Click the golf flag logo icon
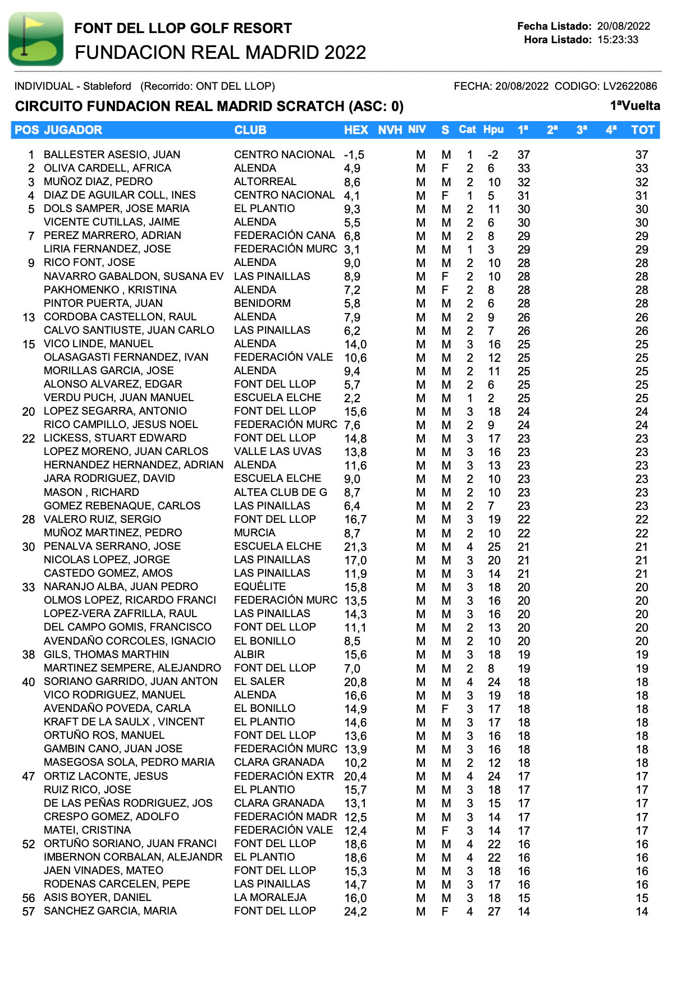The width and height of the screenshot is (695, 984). (x=36, y=39)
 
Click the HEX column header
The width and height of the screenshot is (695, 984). (x=356, y=130)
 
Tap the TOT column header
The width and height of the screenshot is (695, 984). (x=642, y=130)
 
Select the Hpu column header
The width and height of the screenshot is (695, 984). (x=493, y=130)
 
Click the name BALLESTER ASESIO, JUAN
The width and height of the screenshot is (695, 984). (x=112, y=154)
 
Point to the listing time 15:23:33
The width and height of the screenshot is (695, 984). (x=618, y=40)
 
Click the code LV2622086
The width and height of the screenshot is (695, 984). (x=629, y=86)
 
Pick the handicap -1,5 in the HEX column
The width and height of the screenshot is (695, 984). (x=354, y=155)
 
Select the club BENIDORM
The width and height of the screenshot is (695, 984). (x=262, y=303)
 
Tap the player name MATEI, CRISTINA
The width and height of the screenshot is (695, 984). (x=87, y=830)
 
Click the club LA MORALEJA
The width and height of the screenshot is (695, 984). (x=270, y=897)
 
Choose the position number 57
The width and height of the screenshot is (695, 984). (x=29, y=911)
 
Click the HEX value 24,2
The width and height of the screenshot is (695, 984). (x=355, y=912)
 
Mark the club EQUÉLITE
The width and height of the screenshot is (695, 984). (x=260, y=586)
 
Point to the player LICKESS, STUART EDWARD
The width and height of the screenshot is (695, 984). (x=115, y=438)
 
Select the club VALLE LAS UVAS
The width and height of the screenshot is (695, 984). (x=278, y=451)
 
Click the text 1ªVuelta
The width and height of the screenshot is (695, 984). (x=635, y=106)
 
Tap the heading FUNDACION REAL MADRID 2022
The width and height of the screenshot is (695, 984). (x=220, y=52)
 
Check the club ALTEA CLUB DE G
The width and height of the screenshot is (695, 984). (x=281, y=492)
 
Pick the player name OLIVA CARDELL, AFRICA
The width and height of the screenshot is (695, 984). (x=107, y=168)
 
